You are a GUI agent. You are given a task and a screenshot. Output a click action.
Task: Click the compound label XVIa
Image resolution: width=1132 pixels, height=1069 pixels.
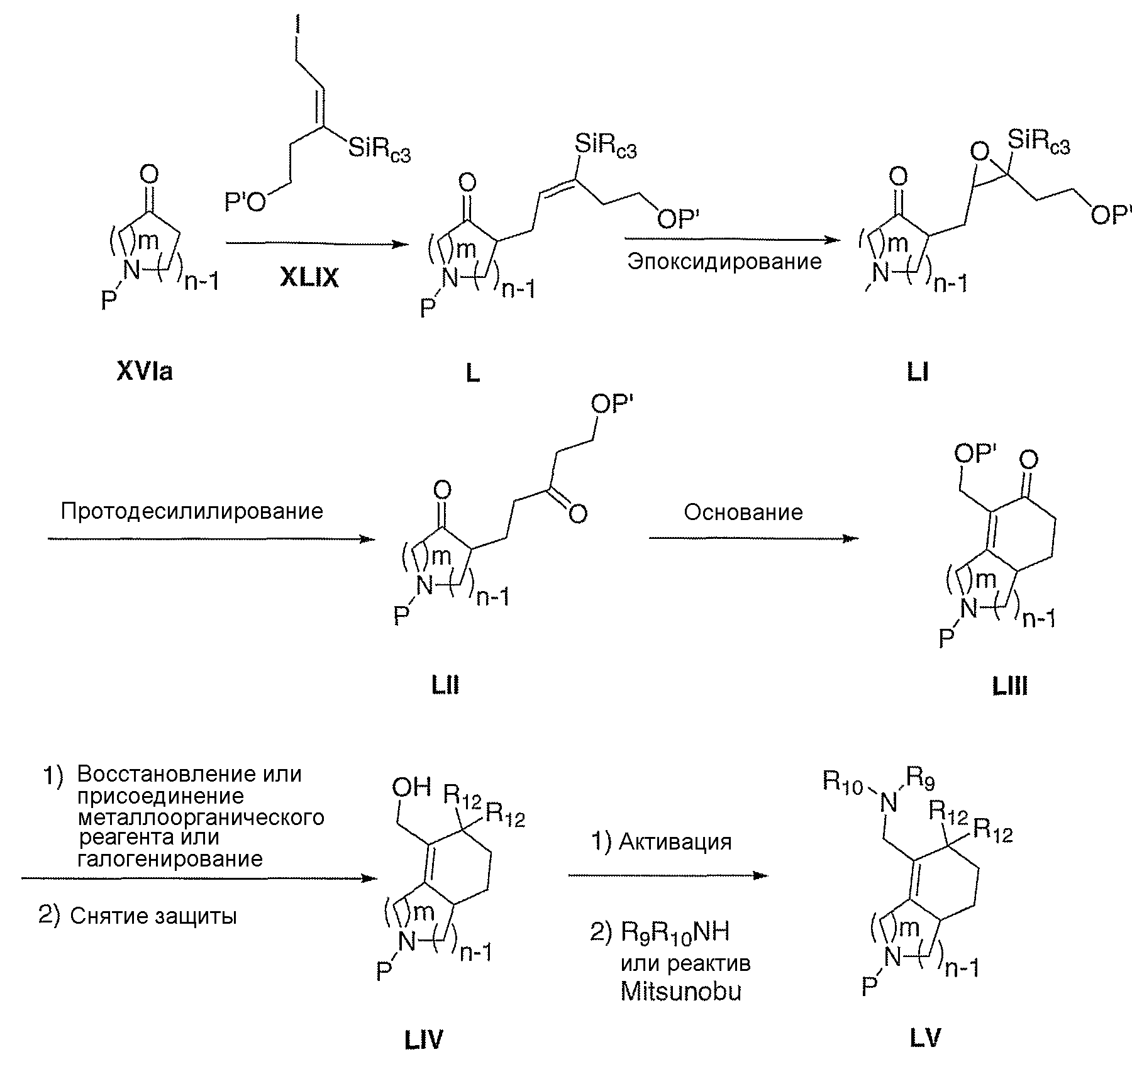pos(144,373)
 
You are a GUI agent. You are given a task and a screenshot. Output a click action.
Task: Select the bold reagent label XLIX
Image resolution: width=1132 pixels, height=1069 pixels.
pos(309,277)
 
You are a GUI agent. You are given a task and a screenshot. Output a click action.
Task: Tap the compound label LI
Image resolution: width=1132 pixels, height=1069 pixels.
pos(918,373)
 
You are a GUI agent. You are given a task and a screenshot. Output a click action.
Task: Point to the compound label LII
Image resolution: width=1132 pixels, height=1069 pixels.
pos(445,685)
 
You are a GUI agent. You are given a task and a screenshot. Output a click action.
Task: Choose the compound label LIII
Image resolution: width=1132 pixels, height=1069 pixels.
pos(1010,687)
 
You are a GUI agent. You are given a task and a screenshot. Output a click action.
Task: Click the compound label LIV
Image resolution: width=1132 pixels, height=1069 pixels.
pos(423,1041)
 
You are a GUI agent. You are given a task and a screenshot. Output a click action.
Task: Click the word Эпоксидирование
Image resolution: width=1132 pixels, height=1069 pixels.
pos(724,262)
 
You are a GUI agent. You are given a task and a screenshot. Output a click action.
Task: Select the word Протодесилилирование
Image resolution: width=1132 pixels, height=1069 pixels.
pos(192,511)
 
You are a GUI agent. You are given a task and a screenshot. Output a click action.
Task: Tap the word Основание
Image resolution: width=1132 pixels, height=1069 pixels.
pos(743,512)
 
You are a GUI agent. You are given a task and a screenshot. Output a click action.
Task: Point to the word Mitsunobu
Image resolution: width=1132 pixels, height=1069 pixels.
pos(681,992)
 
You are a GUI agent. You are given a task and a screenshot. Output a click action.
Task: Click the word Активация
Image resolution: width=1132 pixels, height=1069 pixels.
pos(675,841)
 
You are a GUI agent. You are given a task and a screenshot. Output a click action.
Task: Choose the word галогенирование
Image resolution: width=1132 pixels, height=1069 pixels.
pos(170,858)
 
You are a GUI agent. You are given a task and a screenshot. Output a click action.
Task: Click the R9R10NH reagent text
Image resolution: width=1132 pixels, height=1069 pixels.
pos(675,932)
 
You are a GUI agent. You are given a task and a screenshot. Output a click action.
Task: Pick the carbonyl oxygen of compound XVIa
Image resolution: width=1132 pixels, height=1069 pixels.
pos(149,173)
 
